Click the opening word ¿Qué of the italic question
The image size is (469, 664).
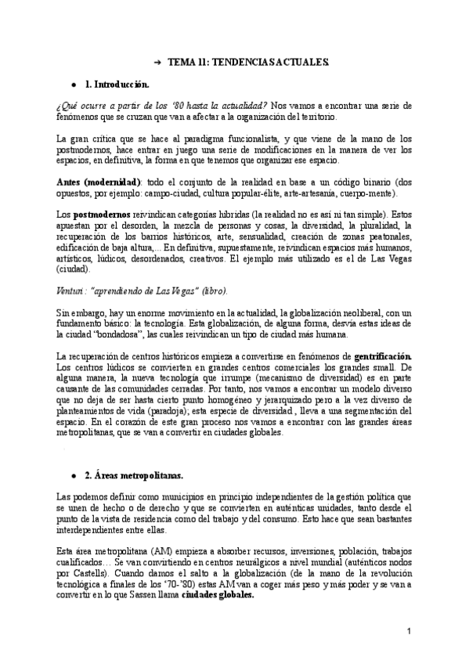click(x=68, y=105)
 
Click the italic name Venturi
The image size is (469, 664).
click(x=72, y=290)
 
